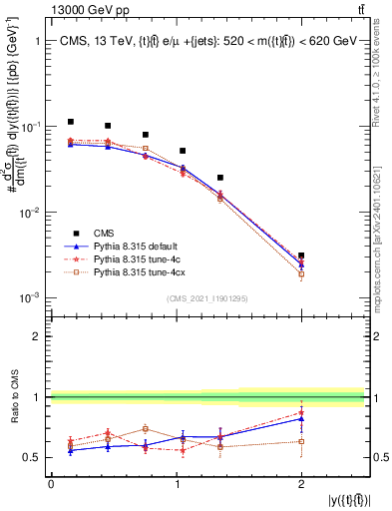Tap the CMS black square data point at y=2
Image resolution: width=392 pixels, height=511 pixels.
tap(301, 256)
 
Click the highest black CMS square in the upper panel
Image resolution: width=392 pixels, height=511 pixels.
tap(70, 122)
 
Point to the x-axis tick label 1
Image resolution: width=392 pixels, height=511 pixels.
tap(176, 484)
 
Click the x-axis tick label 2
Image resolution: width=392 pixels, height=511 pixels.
tap(301, 484)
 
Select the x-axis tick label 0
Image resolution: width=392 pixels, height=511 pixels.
tap(51, 484)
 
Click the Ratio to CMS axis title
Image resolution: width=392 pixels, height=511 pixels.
tap(15, 397)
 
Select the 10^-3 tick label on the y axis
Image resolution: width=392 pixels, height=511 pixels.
tap(32, 298)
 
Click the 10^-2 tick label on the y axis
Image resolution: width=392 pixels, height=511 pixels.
tap(32, 213)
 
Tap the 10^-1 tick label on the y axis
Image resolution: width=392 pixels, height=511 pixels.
tap(32, 128)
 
